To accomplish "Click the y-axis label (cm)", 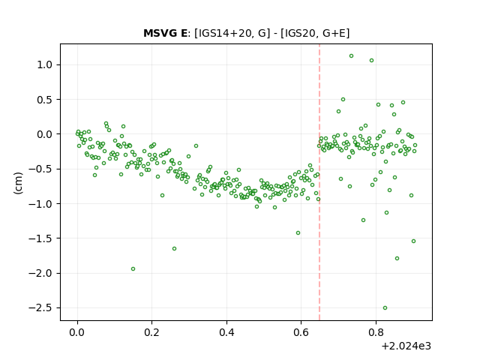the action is pos(18,183).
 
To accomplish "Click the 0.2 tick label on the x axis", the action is pos(152,332).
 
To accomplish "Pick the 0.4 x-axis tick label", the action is pos(226,332).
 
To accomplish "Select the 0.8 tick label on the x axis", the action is pos(376,332).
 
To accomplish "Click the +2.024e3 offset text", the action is pos(406,346).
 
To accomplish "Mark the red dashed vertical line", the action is pos(319,182).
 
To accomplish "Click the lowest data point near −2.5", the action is pos(385,308).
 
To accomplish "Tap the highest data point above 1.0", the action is pos(352,56).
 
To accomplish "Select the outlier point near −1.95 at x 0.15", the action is pos(133,268).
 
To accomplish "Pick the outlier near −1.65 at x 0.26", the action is pos(174,248).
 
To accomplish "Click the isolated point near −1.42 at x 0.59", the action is pos(298,233).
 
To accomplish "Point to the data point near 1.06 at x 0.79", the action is pos(372,61).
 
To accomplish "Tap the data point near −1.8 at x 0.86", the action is pos(397,258).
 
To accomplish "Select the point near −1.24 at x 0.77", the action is pos(363,220).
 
